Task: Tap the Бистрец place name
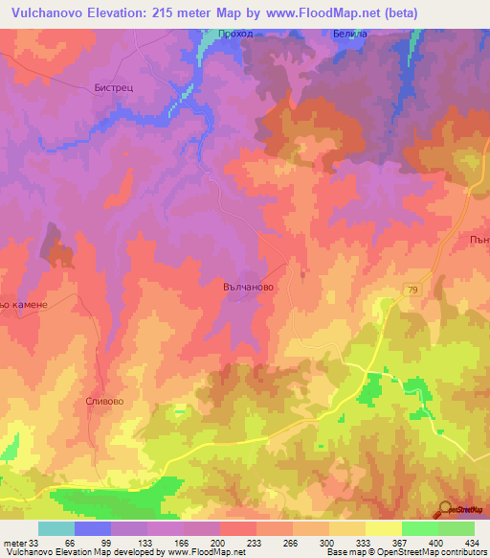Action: (115, 86)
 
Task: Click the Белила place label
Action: (350, 35)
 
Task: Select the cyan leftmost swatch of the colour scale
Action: (56, 528)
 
